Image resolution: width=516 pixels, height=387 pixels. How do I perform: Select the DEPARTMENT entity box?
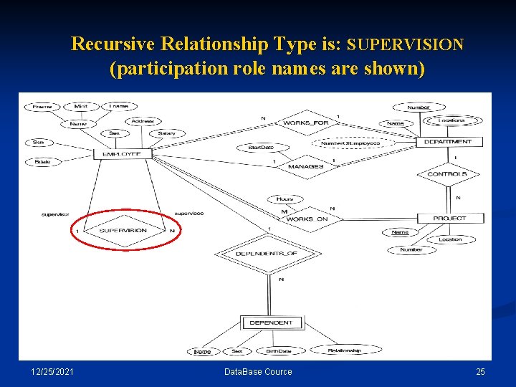pyautogui.click(x=449, y=142)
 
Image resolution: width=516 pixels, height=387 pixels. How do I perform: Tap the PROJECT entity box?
pyautogui.click(x=449, y=218)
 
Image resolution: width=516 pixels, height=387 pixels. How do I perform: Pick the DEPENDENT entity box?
pyautogui.click(x=270, y=323)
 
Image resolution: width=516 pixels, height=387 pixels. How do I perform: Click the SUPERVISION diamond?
pyautogui.click(x=123, y=231)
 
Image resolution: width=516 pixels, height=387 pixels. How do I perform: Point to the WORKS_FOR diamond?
pyautogui.click(x=306, y=123)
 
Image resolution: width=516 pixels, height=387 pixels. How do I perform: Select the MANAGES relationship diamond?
pyautogui.click(x=305, y=166)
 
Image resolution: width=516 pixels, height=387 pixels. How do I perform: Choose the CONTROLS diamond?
pyautogui.click(x=446, y=174)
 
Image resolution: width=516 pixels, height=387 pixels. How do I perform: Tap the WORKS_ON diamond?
pyautogui.click(x=307, y=219)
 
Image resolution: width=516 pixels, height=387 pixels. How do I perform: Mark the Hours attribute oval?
pyautogui.click(x=285, y=199)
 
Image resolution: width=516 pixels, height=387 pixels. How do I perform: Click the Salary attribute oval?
pyautogui.click(x=166, y=133)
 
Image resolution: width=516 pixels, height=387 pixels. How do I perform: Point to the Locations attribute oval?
pyautogui.click(x=454, y=120)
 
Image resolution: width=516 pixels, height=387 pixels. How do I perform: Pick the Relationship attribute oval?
pyautogui.click(x=344, y=350)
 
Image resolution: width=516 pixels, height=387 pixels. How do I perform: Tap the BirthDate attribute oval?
pyautogui.click(x=278, y=351)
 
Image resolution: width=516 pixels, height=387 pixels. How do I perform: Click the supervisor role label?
pyautogui.click(x=54, y=214)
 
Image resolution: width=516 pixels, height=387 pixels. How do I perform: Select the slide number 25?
pyautogui.click(x=480, y=371)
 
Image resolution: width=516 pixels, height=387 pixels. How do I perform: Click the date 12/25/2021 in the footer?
pyautogui.click(x=52, y=371)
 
